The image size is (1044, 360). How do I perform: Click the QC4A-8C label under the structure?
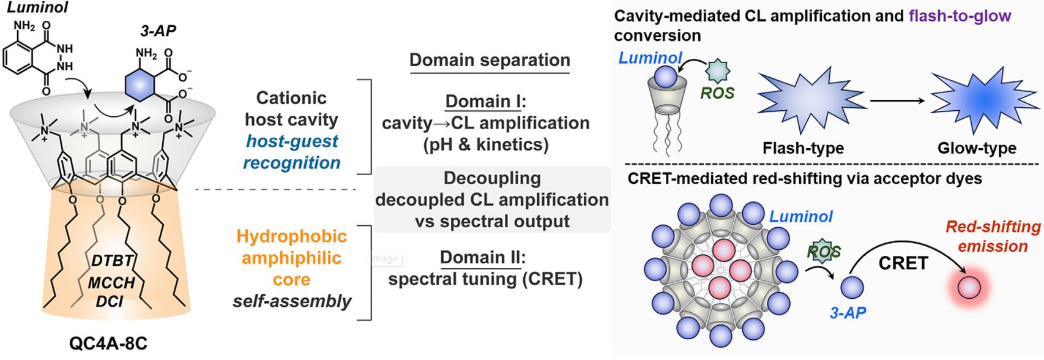(108, 344)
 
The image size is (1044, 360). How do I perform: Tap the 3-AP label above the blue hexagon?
(158, 32)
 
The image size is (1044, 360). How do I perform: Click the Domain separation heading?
(490, 60)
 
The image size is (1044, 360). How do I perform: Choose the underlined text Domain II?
(483, 257)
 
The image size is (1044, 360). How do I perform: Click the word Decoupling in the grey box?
(492, 178)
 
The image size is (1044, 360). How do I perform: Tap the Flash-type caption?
(803, 148)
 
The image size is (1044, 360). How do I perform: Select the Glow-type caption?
(977, 148)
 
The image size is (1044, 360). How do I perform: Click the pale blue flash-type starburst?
(811, 97)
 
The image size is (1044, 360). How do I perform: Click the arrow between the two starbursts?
(898, 100)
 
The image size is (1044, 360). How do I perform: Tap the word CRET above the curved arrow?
(903, 263)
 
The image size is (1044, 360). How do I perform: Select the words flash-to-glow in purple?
(960, 16)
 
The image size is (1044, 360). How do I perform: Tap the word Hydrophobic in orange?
(292, 236)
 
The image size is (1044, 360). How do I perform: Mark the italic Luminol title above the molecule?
(37, 7)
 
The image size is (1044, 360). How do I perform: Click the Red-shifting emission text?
(993, 236)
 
